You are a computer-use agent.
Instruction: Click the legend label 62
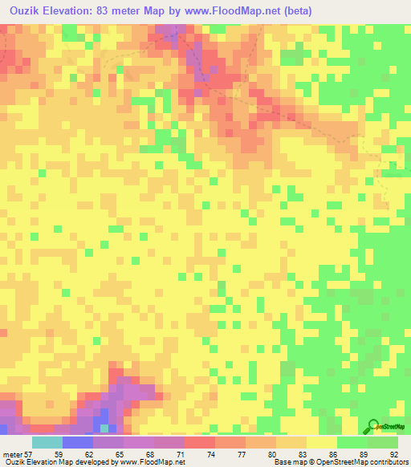tap(97, 453)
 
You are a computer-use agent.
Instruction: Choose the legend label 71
tap(189, 453)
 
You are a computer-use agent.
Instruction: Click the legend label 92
tap(393, 453)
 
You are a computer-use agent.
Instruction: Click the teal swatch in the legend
tap(47, 442)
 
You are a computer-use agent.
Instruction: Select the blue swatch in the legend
tap(78, 442)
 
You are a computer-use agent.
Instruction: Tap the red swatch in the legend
tap(200, 442)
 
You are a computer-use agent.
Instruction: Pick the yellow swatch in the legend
tap(322, 442)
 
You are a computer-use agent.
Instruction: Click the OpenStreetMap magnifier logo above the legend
tap(374, 426)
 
